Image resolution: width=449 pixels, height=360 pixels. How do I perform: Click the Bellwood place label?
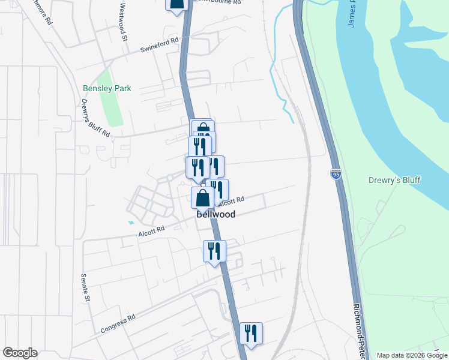(215, 214)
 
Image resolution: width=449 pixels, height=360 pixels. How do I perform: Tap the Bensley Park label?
(107, 88)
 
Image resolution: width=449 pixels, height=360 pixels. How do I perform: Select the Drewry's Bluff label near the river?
(394, 180)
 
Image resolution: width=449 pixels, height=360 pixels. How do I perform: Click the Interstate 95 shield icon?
(336, 175)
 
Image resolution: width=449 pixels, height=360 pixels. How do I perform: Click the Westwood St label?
(124, 22)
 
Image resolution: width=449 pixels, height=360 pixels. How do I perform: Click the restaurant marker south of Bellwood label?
(214, 251)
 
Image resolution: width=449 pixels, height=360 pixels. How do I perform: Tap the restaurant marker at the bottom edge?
(251, 334)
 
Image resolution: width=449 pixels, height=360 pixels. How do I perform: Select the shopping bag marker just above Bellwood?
(203, 197)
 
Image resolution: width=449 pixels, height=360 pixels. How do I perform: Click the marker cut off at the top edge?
(176, 5)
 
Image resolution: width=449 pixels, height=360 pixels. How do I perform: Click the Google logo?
(20, 353)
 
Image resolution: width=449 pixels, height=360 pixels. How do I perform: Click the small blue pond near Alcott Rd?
(131, 223)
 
